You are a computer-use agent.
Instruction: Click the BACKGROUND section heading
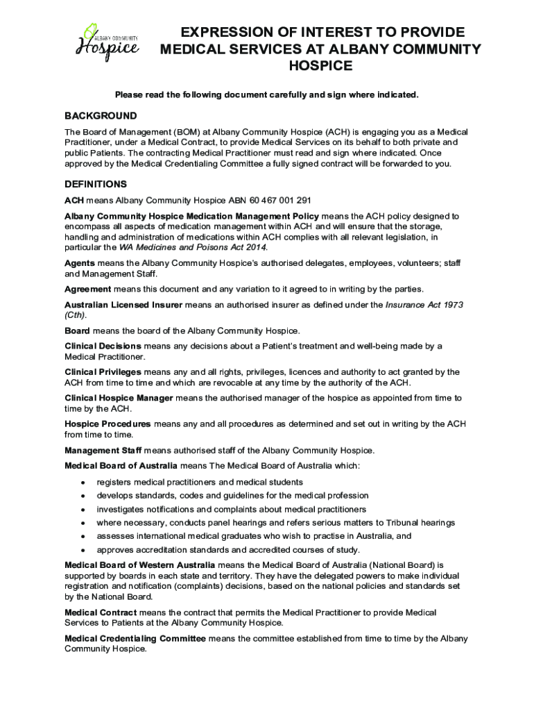(x=101, y=116)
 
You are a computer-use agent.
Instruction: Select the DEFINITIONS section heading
(x=96, y=185)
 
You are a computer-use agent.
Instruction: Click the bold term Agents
(x=80, y=264)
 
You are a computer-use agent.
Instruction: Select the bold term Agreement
(x=87, y=289)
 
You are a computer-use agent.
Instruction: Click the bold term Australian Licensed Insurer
(x=123, y=305)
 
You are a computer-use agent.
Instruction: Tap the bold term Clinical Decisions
(x=103, y=346)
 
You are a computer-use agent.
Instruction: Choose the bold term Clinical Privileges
(x=103, y=372)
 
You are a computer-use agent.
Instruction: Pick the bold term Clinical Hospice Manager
(x=119, y=399)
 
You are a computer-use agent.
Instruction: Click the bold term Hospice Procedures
(x=107, y=424)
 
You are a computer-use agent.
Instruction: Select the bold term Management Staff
(x=103, y=450)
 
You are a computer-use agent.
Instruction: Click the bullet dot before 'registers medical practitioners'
(x=83, y=483)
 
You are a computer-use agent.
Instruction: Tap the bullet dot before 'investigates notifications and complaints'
(x=83, y=510)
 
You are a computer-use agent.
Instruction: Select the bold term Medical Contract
(x=101, y=612)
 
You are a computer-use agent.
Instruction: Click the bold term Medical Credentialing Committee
(x=135, y=639)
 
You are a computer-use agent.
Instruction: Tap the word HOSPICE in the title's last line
(x=320, y=66)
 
